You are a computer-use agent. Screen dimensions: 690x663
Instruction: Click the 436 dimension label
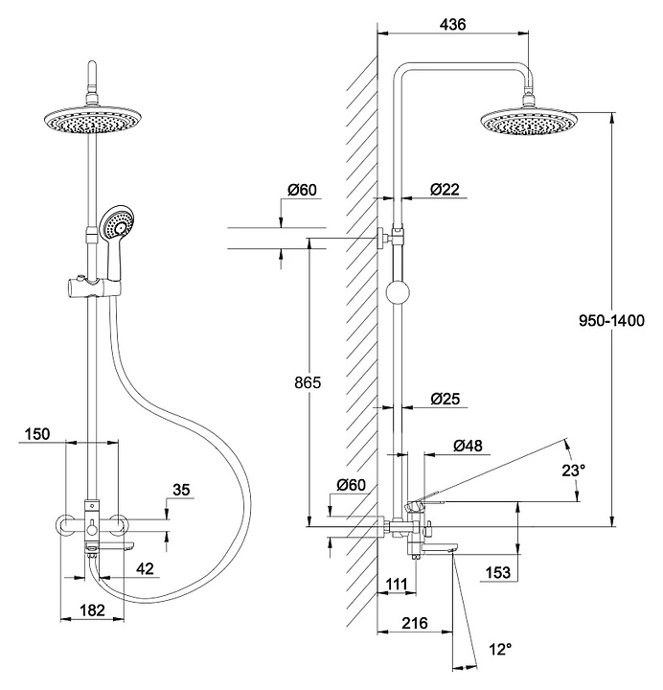tap(451, 26)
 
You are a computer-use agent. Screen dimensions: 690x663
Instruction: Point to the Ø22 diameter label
tap(445, 190)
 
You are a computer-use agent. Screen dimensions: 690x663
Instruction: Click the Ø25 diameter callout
tap(446, 397)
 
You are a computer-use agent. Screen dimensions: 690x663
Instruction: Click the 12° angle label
tap(499, 650)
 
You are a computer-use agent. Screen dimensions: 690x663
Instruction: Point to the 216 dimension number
tap(413, 623)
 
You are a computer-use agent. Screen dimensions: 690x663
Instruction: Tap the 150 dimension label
tap(36, 433)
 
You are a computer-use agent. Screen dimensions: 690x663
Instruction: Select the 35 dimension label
tap(181, 491)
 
